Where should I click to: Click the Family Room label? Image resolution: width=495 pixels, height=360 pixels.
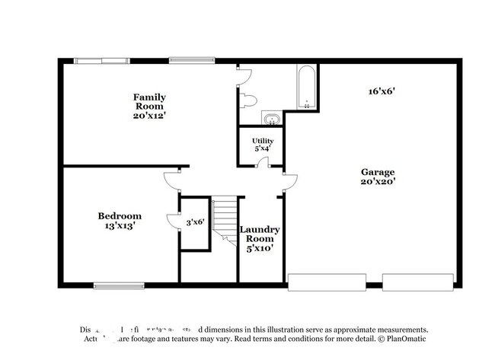[x=149, y=101]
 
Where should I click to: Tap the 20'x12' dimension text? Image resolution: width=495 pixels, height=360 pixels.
[x=149, y=116]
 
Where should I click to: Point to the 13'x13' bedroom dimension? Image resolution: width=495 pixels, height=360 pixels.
[x=120, y=226]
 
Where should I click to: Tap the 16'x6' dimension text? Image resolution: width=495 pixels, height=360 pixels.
[x=381, y=91]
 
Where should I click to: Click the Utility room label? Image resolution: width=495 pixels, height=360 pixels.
[x=263, y=141]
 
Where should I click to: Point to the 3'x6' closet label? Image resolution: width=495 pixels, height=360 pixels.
[x=195, y=222]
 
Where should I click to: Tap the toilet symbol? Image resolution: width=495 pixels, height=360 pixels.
[x=250, y=100]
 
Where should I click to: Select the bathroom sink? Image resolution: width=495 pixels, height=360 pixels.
[x=271, y=118]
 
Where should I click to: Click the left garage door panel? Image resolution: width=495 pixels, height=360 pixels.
[x=326, y=282]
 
